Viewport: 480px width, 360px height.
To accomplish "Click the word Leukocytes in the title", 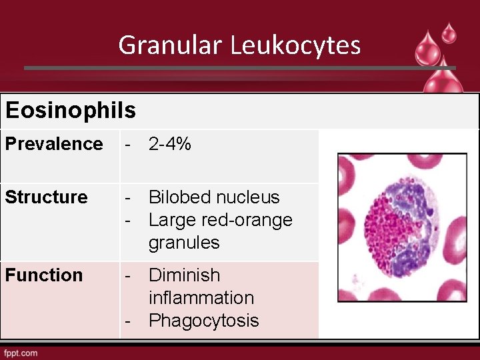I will point(296,45).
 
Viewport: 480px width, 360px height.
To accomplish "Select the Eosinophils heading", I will point(71,110).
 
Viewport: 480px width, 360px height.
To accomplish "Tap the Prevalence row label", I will point(54,144).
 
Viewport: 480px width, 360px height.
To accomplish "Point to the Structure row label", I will point(46,197).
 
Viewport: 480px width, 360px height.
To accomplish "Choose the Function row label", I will point(44,275).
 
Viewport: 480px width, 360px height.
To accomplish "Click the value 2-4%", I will point(170,144).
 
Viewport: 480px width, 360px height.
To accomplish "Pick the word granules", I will point(184,243).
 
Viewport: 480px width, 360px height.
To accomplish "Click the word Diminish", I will point(184,275).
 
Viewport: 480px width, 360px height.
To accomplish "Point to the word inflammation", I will point(201,297).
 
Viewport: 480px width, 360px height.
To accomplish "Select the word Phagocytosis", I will point(204,321).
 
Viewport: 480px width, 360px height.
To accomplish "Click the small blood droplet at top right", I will point(449,32).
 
